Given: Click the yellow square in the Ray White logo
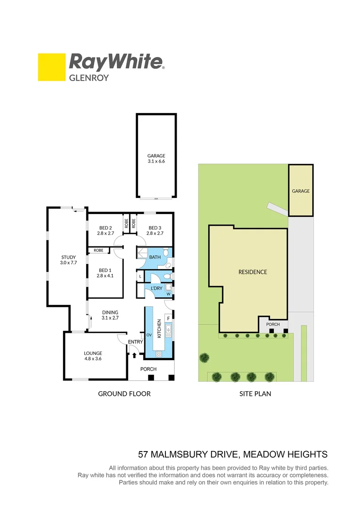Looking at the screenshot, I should point(51,67).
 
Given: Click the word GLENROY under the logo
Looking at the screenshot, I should point(89,78).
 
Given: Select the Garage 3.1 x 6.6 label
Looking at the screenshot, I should point(156,158).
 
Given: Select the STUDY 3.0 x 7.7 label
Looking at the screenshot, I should point(68,260).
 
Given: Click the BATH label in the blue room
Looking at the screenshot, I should point(155,257).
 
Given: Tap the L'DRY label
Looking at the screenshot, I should point(156,288).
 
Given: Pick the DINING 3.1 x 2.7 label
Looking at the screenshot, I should point(110,315).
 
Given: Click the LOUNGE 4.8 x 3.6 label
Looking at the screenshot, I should point(93,355).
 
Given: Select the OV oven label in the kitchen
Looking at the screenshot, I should point(149,335).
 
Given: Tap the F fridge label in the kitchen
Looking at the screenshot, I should point(168,318).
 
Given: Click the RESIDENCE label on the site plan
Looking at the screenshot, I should point(253,272).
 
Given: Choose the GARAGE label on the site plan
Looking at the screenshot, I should point(301,191).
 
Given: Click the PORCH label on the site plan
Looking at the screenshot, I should point(273,324).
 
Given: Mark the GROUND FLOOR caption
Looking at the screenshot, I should point(124,394).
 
